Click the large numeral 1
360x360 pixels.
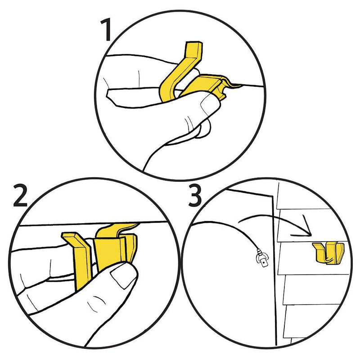tap(106, 30)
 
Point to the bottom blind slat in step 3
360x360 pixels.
tap(308, 321)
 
